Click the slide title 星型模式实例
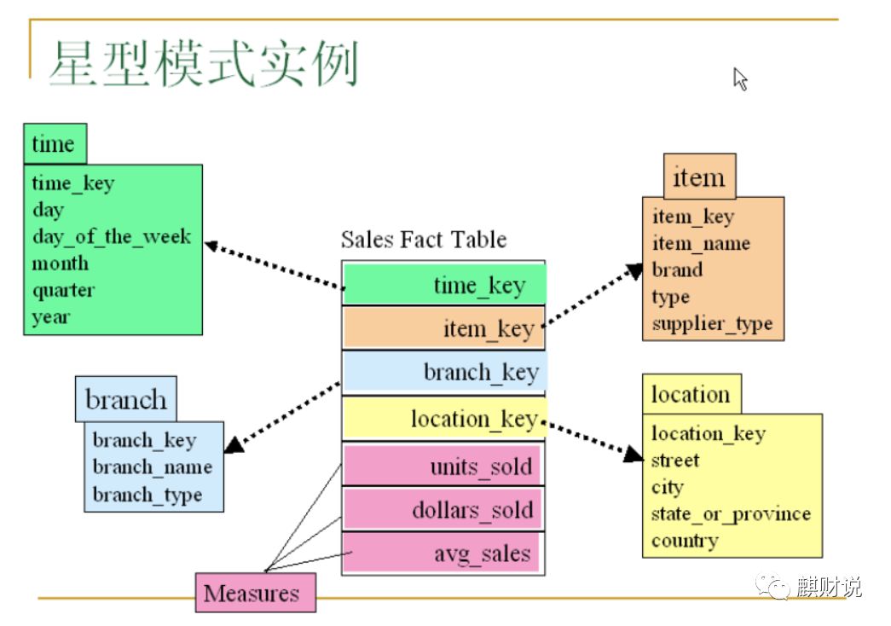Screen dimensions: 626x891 (203, 66)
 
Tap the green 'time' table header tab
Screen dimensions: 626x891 (55, 143)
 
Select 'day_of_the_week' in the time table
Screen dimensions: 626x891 (112, 236)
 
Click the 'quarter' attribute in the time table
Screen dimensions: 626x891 (63, 290)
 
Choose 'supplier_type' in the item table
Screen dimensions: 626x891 (712, 324)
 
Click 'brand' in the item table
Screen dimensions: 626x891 (677, 270)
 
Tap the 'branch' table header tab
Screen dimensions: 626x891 (126, 399)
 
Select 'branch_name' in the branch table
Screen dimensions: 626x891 (152, 467)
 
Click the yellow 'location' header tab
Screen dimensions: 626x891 (691, 395)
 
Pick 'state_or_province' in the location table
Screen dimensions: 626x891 (731, 514)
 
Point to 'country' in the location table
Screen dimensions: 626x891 (685, 541)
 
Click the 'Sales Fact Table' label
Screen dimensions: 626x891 (424, 240)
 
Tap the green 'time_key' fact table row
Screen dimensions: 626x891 (444, 286)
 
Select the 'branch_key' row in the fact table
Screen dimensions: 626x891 (444, 373)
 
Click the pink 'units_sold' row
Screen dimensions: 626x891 (443, 467)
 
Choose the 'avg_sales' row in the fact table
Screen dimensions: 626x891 (443, 554)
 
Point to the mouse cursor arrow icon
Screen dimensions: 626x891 (739, 78)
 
